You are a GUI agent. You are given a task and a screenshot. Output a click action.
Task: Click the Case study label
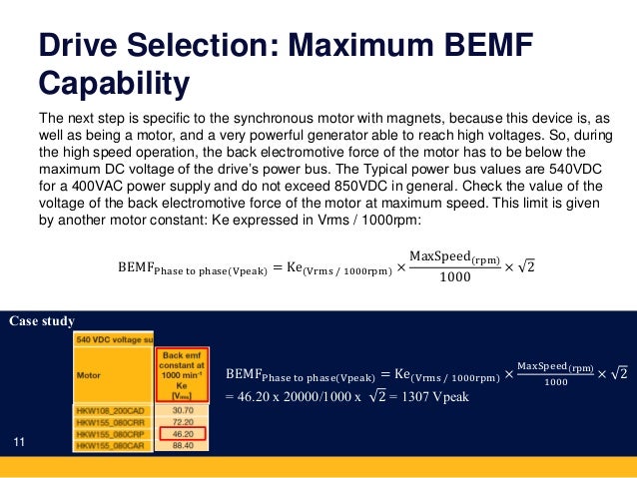pos(41,321)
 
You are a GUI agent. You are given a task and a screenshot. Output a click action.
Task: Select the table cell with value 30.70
pos(182,410)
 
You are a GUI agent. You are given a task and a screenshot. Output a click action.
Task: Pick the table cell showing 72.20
pos(182,422)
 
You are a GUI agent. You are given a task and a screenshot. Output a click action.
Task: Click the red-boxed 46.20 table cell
pos(182,435)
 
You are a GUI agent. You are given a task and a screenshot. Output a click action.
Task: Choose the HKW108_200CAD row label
pos(112,410)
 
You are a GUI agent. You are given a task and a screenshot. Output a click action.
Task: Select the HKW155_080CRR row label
pos(112,422)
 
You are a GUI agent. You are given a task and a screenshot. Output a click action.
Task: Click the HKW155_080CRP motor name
pos(112,435)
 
